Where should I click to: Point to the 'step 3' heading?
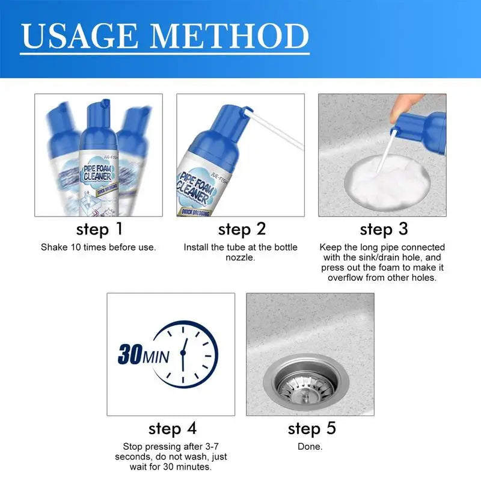pyautogui.click(x=384, y=229)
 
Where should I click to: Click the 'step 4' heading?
pyautogui.click(x=173, y=429)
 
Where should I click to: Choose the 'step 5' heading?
pyautogui.click(x=311, y=429)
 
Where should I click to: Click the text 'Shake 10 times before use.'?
pyautogui.click(x=99, y=247)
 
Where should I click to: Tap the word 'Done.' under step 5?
pyautogui.click(x=310, y=446)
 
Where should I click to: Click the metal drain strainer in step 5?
pyautogui.click(x=306, y=383)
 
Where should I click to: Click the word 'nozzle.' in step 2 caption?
pyautogui.click(x=240, y=257)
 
